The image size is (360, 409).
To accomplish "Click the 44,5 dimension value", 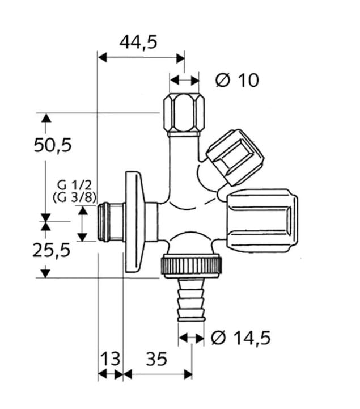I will pos(138,42).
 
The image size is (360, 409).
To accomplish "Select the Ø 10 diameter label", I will pos(236,80).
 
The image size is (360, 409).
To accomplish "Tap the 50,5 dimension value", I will pos(53,145).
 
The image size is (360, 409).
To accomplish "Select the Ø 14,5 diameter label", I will pos(240,338).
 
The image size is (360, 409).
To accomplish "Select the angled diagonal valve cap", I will pos(234,157).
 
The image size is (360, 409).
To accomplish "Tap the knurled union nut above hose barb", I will pos(193,265).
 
